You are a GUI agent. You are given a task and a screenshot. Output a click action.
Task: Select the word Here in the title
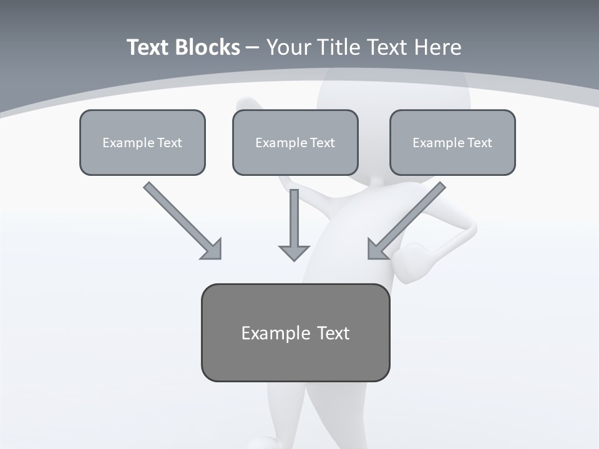437,47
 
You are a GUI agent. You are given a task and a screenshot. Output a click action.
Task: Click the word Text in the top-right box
479,143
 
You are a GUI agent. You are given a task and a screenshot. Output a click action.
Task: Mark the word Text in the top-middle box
322,143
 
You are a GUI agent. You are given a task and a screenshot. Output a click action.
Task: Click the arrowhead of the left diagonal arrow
212,249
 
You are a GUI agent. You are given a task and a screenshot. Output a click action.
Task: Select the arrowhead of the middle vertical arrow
294,252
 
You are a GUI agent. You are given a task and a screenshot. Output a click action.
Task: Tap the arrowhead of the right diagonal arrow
377,249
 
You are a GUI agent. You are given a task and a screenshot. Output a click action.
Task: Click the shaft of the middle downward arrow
294,215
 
